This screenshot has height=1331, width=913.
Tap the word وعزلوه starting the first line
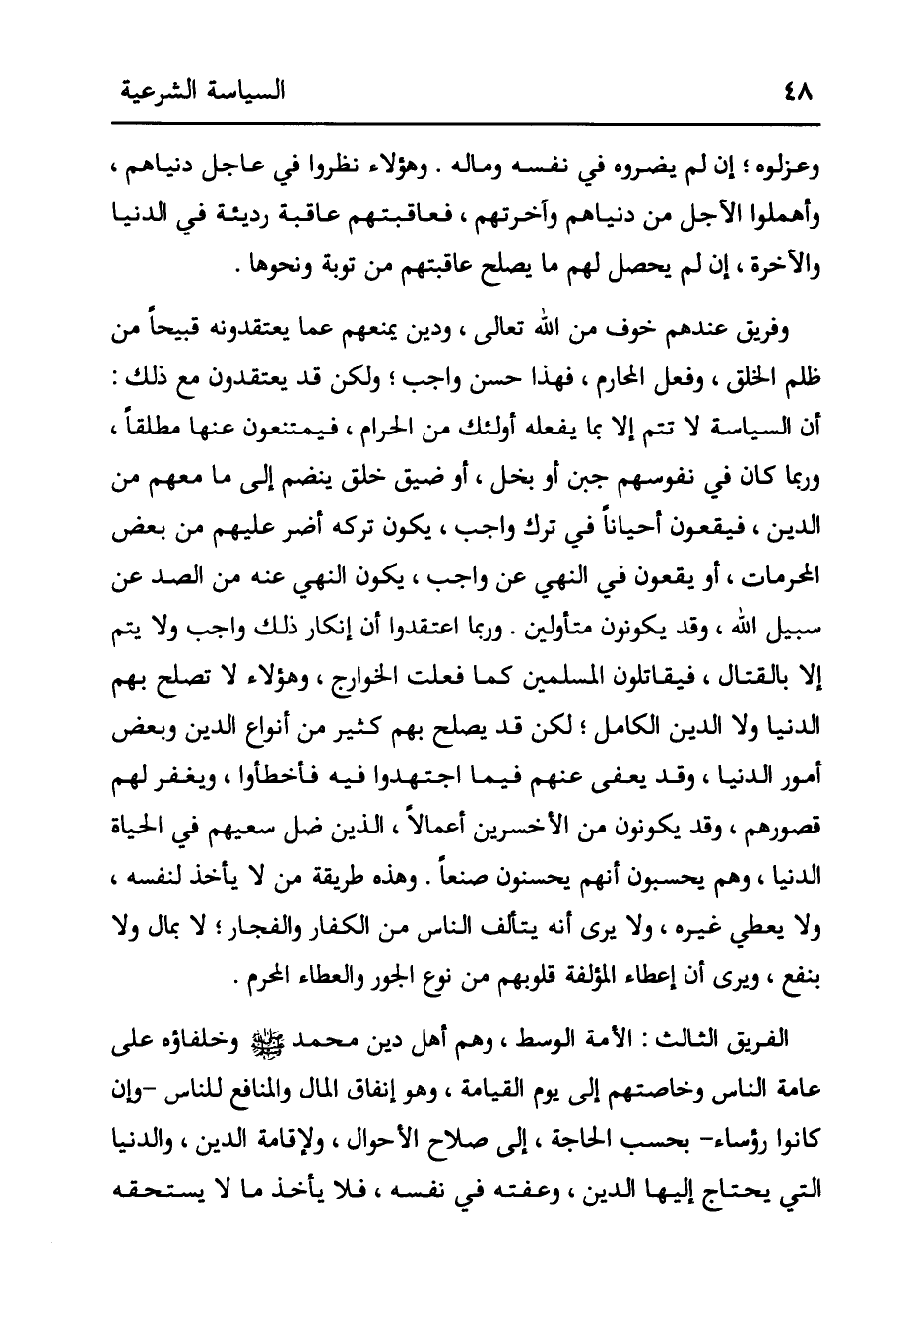[x=787, y=167]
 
